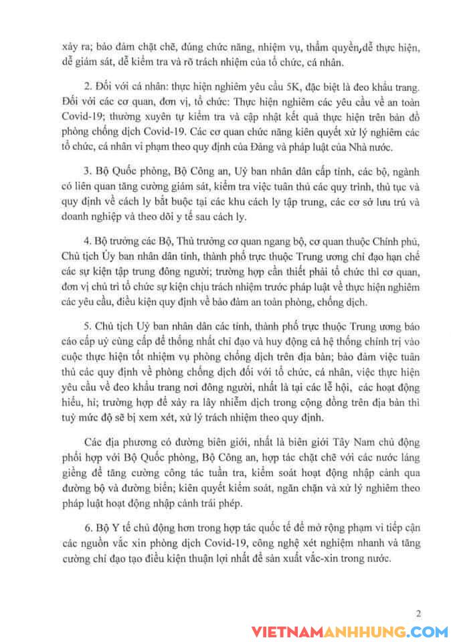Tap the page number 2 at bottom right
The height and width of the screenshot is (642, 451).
[418, 613]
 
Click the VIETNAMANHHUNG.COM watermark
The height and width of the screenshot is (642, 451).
[350, 632]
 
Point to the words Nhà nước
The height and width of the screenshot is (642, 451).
[379, 146]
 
